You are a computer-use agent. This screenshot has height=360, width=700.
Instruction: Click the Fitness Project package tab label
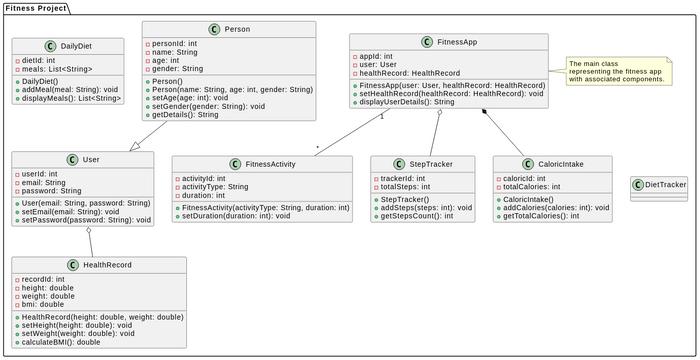(36, 8)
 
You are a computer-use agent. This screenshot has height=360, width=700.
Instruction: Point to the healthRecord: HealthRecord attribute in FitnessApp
(410, 73)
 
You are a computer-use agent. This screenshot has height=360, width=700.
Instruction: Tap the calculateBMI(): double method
(62, 342)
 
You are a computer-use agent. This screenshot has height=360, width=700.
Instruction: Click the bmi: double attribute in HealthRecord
(45, 304)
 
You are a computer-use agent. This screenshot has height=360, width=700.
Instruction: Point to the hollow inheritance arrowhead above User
(132, 146)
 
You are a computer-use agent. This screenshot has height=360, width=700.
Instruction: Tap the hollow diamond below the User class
(88, 232)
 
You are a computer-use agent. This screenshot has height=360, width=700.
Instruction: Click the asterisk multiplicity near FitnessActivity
(317, 148)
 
